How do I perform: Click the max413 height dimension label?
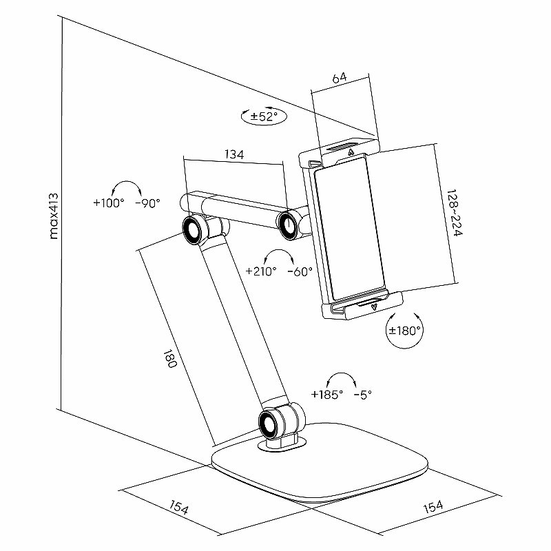tap(54, 216)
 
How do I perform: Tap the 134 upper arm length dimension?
tap(234, 154)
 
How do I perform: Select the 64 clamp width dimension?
tap(340, 78)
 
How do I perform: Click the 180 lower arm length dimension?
tap(169, 358)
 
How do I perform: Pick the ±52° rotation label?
tap(264, 116)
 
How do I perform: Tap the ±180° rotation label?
tap(404, 331)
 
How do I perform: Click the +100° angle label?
tap(109, 202)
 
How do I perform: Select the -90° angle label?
tap(147, 202)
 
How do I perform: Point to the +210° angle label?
tap(261, 271)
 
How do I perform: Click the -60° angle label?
tap(300, 271)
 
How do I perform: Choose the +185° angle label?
tap(327, 395)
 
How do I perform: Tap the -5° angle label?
tap(363, 395)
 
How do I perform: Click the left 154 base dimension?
tap(179, 508)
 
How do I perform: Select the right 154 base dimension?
tap(433, 507)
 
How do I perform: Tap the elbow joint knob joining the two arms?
tap(193, 231)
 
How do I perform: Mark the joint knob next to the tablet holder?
tap(289, 225)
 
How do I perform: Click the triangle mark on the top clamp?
tap(351, 153)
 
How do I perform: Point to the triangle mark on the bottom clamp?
tap(375, 306)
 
